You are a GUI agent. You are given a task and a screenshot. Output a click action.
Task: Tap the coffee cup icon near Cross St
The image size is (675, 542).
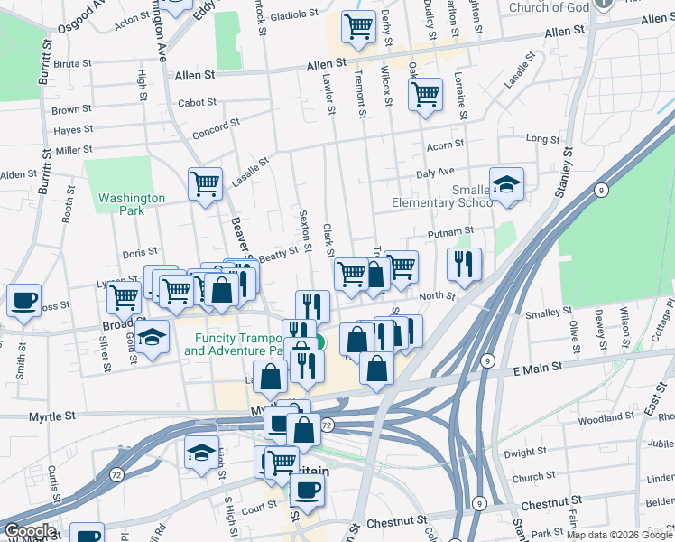(23, 300)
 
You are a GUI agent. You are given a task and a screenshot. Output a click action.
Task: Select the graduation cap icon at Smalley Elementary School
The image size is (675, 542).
(506, 183)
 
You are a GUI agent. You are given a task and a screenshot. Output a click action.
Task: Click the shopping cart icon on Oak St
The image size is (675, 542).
(424, 94)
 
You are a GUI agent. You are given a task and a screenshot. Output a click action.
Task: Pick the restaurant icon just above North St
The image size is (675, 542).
(464, 264)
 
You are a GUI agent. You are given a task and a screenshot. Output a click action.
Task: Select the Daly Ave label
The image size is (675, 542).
(435, 173)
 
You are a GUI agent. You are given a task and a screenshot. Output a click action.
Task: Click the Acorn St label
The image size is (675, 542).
(445, 144)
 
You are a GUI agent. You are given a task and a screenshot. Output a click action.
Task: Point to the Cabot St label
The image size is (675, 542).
(198, 103)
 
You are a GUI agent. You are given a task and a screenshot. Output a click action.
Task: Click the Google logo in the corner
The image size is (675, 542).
(29, 531)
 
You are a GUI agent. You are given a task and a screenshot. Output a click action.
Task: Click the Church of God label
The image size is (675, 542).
(548, 8)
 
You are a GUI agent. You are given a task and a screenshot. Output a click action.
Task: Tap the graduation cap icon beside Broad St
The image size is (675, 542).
(153, 336)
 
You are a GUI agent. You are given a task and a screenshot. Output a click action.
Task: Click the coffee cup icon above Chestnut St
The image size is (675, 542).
(307, 491)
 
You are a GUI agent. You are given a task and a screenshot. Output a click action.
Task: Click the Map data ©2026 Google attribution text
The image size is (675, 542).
(619, 535)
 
